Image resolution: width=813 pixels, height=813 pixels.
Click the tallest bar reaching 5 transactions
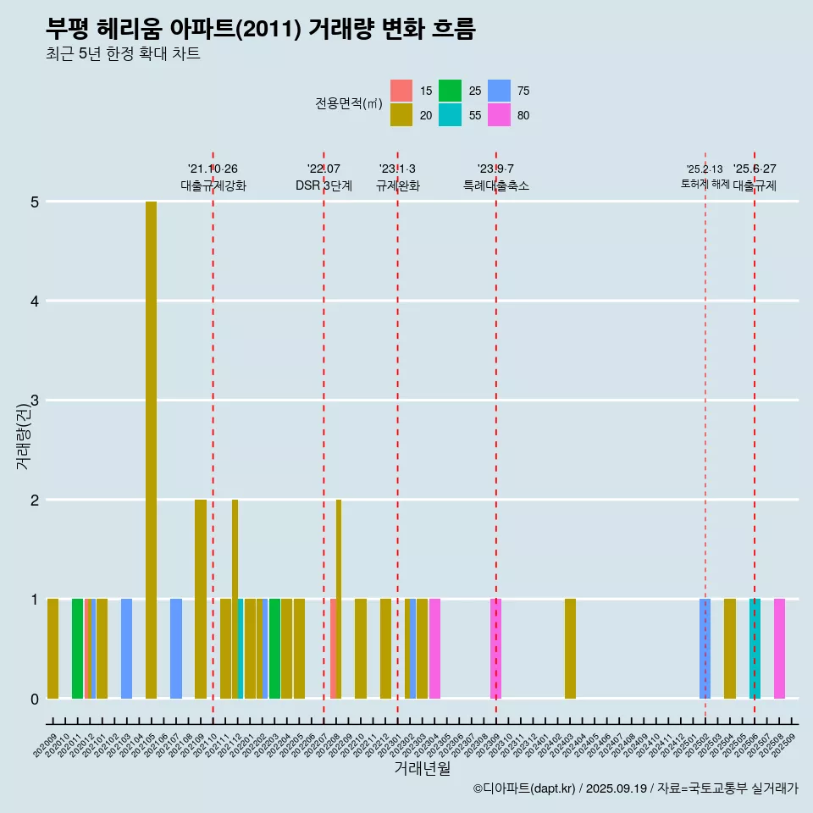(x=151, y=449)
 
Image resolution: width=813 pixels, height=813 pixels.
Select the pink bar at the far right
(x=779, y=649)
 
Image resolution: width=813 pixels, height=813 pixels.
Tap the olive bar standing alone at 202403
(x=570, y=649)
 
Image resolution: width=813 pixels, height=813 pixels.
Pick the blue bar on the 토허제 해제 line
(x=705, y=649)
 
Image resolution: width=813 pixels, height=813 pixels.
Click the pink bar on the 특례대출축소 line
(x=496, y=649)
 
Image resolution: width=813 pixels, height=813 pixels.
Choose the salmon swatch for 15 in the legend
(x=401, y=91)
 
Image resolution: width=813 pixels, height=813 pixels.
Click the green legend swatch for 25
(x=450, y=91)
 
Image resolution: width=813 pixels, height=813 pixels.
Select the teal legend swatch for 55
(x=450, y=115)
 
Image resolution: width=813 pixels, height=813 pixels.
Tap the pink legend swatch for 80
(x=499, y=115)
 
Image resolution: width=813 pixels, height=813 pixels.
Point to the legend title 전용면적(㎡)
(x=349, y=103)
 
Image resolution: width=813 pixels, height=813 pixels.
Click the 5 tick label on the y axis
(x=34, y=202)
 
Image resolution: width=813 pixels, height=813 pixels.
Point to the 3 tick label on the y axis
(x=34, y=401)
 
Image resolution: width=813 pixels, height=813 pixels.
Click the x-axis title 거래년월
(x=422, y=769)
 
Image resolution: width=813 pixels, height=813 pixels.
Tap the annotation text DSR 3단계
(x=324, y=185)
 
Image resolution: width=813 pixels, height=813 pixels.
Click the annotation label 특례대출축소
(x=495, y=185)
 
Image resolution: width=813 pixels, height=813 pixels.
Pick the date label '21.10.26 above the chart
(x=213, y=169)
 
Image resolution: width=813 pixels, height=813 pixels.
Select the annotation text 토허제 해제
(x=705, y=184)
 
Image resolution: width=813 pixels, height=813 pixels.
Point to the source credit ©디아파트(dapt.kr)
(x=524, y=788)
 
